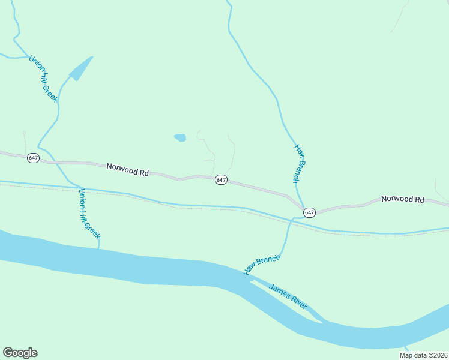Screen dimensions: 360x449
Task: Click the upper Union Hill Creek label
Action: pyautogui.click(x=43, y=79)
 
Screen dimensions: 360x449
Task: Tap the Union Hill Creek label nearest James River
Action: pyautogui.click(x=89, y=214)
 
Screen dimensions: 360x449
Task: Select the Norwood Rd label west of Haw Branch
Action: pyautogui.click(x=127, y=170)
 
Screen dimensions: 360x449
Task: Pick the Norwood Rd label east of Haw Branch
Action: pyautogui.click(x=402, y=199)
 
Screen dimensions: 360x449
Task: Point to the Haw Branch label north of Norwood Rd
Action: pyautogui.click(x=300, y=163)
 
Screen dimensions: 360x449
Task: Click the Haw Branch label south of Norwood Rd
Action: pyautogui.click(x=262, y=265)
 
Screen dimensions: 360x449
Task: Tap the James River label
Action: pyautogui.click(x=288, y=296)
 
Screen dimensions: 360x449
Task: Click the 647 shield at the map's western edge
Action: pyautogui.click(x=33, y=158)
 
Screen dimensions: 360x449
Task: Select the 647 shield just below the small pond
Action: pyautogui.click(x=221, y=180)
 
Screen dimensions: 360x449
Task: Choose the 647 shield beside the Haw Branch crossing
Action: pyautogui.click(x=309, y=212)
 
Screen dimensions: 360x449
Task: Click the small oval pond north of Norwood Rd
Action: pyautogui.click(x=180, y=137)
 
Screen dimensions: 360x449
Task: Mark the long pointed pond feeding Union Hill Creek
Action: pyautogui.click(x=80, y=69)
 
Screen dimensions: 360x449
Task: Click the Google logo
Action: pyautogui.click(x=20, y=353)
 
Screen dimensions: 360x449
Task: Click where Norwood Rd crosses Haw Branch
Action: pyautogui.click(x=302, y=206)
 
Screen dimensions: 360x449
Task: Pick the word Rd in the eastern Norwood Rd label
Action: pyautogui.click(x=419, y=199)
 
